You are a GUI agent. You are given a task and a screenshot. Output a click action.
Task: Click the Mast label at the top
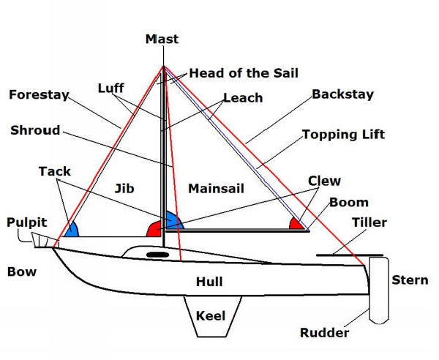(x=162, y=39)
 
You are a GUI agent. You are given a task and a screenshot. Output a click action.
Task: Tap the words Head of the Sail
(x=243, y=73)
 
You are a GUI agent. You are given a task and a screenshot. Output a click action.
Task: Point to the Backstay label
(x=342, y=94)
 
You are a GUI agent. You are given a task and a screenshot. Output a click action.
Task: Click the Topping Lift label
(x=343, y=135)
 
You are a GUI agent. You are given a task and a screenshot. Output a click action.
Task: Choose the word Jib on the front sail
(x=124, y=188)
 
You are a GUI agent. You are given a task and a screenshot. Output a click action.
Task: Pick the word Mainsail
(x=216, y=189)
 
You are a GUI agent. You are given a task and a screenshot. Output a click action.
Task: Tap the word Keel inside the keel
(x=211, y=317)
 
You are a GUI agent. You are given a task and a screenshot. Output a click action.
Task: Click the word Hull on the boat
(x=209, y=282)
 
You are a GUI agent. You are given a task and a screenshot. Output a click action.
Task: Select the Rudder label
(x=324, y=333)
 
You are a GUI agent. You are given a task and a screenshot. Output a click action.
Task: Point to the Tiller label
(x=369, y=222)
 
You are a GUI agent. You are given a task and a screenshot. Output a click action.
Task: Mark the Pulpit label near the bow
(x=27, y=222)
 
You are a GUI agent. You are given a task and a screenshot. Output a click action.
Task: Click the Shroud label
(x=35, y=130)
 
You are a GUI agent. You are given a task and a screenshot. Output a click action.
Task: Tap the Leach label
(x=242, y=98)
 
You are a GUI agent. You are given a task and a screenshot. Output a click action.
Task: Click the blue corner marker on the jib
(x=71, y=230)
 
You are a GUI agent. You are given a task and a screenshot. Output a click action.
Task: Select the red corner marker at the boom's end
(x=296, y=223)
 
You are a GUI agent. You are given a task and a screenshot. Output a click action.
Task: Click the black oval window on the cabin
(x=157, y=254)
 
